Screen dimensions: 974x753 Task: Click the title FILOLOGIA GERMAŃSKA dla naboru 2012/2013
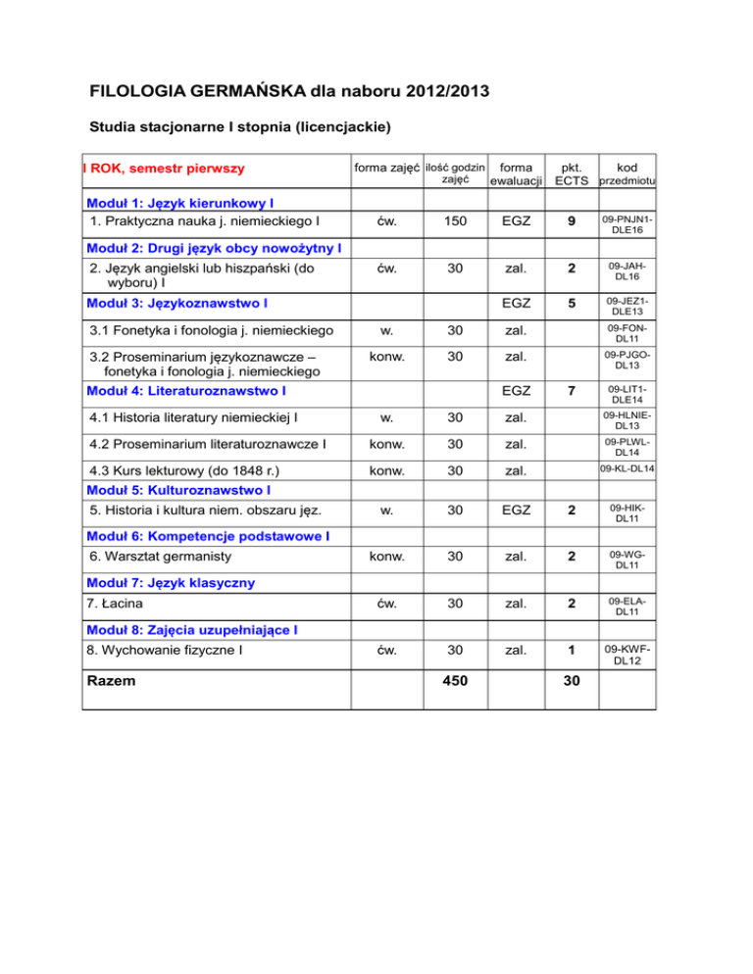point(290,94)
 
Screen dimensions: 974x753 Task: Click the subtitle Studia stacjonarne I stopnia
point(241,127)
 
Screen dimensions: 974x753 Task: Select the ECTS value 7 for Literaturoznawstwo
point(571,392)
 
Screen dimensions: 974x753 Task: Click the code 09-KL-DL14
point(627,469)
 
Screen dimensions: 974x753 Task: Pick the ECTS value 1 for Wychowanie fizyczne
point(571,649)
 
